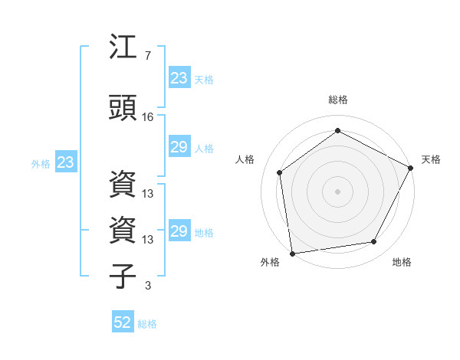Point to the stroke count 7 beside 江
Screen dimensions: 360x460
[x=148, y=56]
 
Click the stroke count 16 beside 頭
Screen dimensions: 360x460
[x=148, y=117]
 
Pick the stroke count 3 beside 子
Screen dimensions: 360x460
[x=148, y=286]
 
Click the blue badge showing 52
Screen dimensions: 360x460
[x=123, y=322]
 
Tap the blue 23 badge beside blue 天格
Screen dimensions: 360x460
[x=179, y=77]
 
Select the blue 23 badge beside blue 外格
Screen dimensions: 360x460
[x=65, y=162]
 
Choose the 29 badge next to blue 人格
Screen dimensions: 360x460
[x=179, y=147]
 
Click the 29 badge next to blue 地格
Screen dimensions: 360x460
[x=179, y=231]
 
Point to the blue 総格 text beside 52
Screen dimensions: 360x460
[x=147, y=323]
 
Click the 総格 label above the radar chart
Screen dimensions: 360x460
[x=337, y=100]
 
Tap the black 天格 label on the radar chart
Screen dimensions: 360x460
[x=431, y=159]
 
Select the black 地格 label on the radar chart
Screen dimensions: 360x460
[x=402, y=263]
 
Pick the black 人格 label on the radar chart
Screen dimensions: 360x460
[x=245, y=159]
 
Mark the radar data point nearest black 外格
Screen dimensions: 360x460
[x=292, y=253]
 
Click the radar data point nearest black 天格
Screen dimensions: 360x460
[x=411, y=168]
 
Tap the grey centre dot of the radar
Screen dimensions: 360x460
[x=337, y=191]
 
